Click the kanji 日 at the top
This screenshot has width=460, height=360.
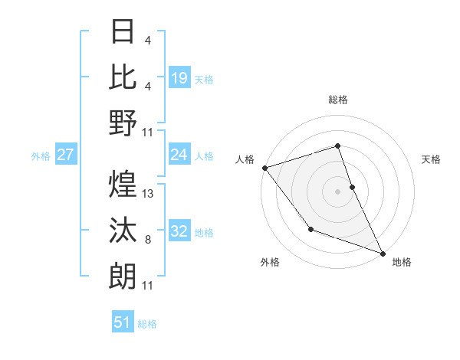pos(123,32)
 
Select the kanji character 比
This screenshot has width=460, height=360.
pos(123,77)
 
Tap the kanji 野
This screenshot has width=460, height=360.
pos(123,122)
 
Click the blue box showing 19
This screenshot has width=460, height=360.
pos(179,78)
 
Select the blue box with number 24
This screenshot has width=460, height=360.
pos(179,155)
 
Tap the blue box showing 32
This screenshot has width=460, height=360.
pos(179,232)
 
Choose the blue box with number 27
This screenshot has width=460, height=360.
pos(66,155)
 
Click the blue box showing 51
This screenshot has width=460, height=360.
pos(123,322)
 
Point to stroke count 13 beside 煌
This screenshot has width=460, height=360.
pos(149,194)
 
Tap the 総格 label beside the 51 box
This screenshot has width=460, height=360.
pos(147,324)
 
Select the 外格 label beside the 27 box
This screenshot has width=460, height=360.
pos(41,156)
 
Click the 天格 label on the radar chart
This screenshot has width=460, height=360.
pos(432,159)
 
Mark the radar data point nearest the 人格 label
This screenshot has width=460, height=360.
pos(264,168)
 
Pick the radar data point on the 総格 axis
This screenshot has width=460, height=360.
pos(337,146)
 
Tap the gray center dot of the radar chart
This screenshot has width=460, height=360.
pos(337,191)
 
